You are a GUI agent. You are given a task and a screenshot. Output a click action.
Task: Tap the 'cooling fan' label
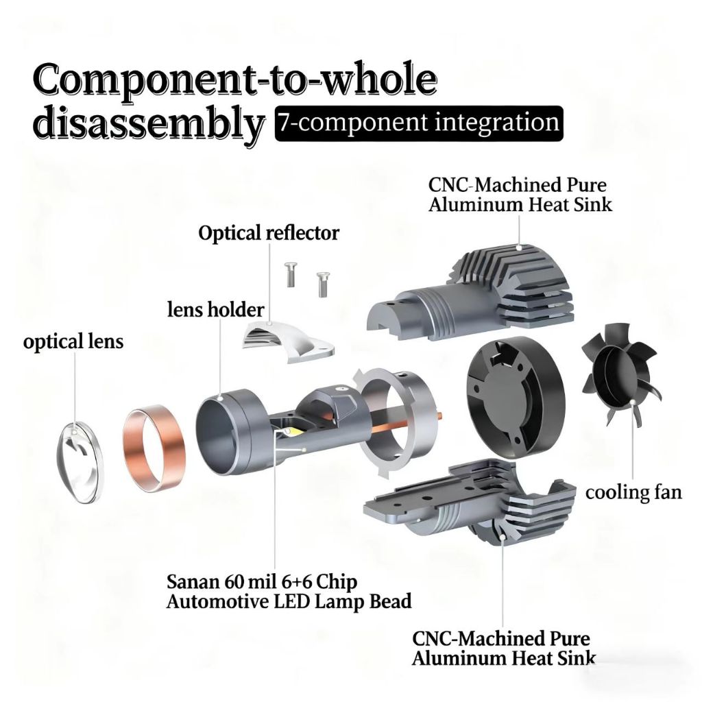click(x=633, y=492)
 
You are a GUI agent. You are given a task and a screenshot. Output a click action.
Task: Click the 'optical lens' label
click(x=73, y=341)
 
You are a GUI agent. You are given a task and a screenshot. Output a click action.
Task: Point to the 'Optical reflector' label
click(x=269, y=233)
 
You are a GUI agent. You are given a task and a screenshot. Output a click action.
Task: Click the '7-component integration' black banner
click(x=417, y=123)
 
